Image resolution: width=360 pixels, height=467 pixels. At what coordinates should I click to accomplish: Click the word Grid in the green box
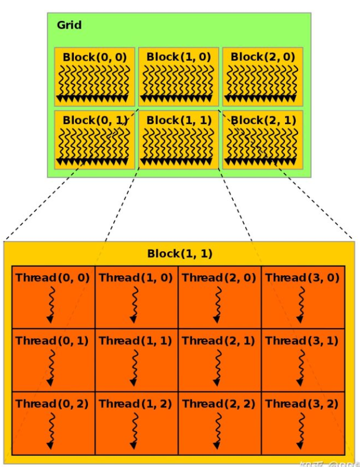tap(69, 26)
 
